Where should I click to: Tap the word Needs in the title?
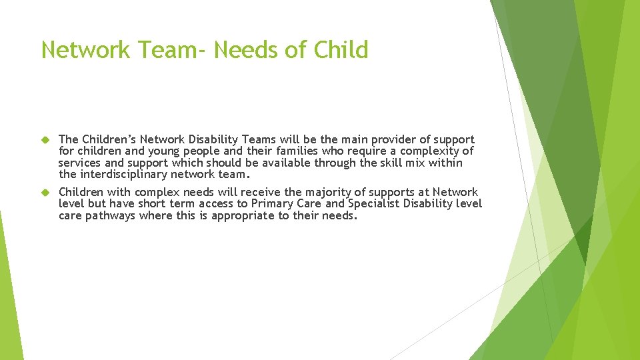[246, 50]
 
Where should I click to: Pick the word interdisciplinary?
[123, 175]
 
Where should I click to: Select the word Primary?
[273, 204]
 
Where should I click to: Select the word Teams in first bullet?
[261, 139]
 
